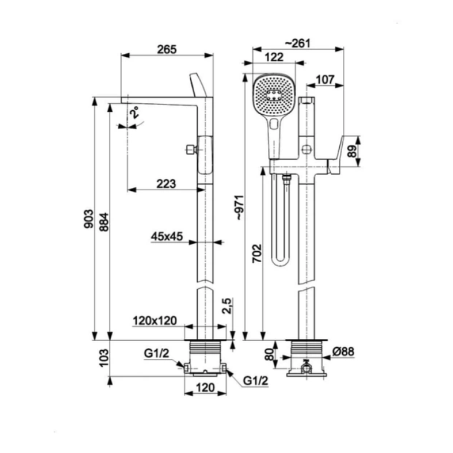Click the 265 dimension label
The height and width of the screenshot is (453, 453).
coord(167,49)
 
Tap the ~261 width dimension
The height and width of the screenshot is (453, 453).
coord(297,43)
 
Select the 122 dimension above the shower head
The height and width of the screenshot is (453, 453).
coord(274,57)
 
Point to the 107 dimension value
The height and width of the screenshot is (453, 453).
coord(325,80)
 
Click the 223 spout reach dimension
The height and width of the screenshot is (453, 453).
coord(166,184)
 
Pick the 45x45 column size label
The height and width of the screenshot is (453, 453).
coord(167,237)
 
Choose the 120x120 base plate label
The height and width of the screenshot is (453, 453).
coord(155,321)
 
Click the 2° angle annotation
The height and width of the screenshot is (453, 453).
coord(134,112)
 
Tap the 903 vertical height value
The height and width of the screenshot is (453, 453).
coord(89,219)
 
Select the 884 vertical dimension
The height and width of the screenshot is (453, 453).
coord(104,222)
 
